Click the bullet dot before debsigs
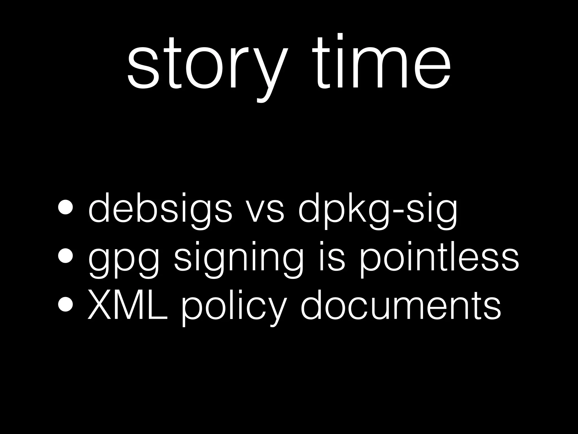[x=65, y=208]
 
